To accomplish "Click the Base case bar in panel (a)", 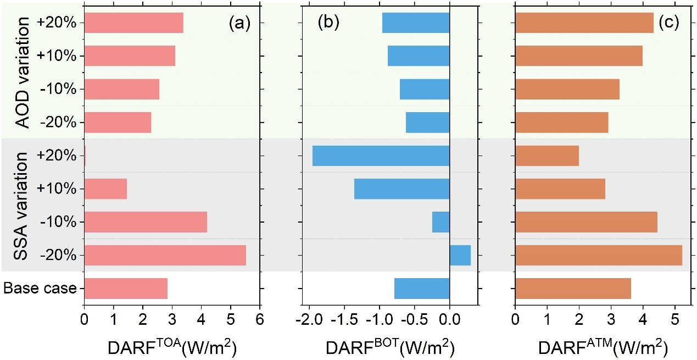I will pos(126,289).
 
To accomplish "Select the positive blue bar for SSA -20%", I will pos(460,255).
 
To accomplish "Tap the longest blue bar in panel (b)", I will pos(381,156).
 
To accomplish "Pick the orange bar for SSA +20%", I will pos(547,156).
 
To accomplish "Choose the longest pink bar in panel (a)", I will pos(165,255).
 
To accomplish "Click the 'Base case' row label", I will pos(40,288).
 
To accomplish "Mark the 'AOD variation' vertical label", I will pos(23,73).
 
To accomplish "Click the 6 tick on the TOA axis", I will pos(260,319).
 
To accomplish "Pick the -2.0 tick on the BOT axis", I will pos(310,319).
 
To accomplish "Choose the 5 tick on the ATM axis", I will pos(674,319).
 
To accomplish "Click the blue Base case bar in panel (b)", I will pos(422,289).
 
